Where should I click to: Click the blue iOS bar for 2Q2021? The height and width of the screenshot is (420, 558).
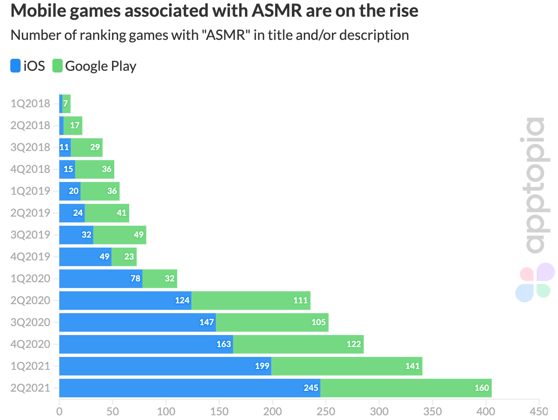point(189,388)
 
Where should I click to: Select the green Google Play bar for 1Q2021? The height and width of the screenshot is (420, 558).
point(347,366)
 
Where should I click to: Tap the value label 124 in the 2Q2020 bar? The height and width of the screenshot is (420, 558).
point(182,300)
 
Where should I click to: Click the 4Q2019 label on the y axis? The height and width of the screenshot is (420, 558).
point(30,257)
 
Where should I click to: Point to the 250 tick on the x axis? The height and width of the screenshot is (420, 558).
point(326,411)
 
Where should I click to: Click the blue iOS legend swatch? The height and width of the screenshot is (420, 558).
point(15,66)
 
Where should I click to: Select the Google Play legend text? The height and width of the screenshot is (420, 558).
point(100,66)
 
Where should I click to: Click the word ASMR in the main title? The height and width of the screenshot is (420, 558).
point(277,11)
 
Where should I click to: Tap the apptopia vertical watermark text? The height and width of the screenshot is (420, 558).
point(535,185)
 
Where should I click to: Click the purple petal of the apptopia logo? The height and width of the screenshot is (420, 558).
point(545,272)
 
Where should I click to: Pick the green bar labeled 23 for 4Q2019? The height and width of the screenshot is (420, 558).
point(124,257)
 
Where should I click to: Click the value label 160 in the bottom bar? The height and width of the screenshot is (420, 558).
point(481,388)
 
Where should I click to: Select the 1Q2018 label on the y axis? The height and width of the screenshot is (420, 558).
point(30,103)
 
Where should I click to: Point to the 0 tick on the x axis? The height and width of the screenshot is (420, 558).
point(59,411)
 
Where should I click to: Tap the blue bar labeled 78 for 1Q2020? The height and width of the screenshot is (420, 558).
point(100,278)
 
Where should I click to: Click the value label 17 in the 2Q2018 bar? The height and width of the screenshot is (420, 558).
point(75,125)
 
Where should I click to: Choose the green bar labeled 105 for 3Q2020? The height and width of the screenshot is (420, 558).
point(272,322)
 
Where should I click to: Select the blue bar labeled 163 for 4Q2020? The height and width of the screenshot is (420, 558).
point(146,344)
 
